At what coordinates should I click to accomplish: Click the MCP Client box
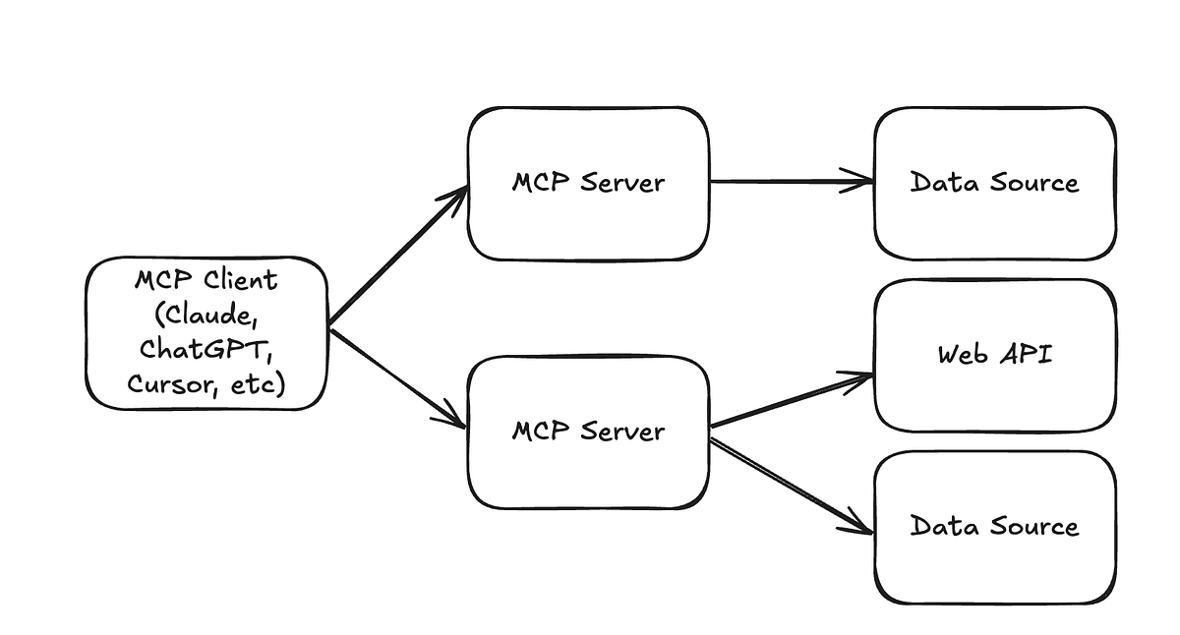[x=206, y=333]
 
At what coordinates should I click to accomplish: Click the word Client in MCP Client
[x=241, y=281]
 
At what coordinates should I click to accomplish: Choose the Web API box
[x=994, y=355]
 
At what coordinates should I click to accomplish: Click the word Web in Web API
[x=962, y=354]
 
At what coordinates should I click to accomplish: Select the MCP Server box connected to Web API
[x=588, y=433]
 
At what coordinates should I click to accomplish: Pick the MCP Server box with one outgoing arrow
[x=588, y=183]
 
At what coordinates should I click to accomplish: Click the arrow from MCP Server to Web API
[x=792, y=400]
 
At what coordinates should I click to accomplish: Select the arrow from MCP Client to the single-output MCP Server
[x=398, y=256]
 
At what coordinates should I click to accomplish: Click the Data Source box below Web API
[x=994, y=527]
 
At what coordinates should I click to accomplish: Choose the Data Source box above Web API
[x=994, y=183]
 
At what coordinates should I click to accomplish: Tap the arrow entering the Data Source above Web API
[x=792, y=181]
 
